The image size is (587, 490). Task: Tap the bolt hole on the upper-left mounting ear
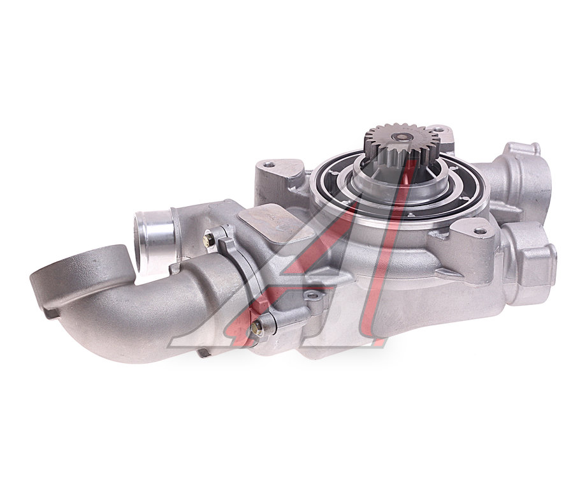[x=268, y=164]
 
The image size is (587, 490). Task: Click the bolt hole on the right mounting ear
[x=479, y=232]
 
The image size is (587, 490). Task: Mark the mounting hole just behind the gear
[x=440, y=130]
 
